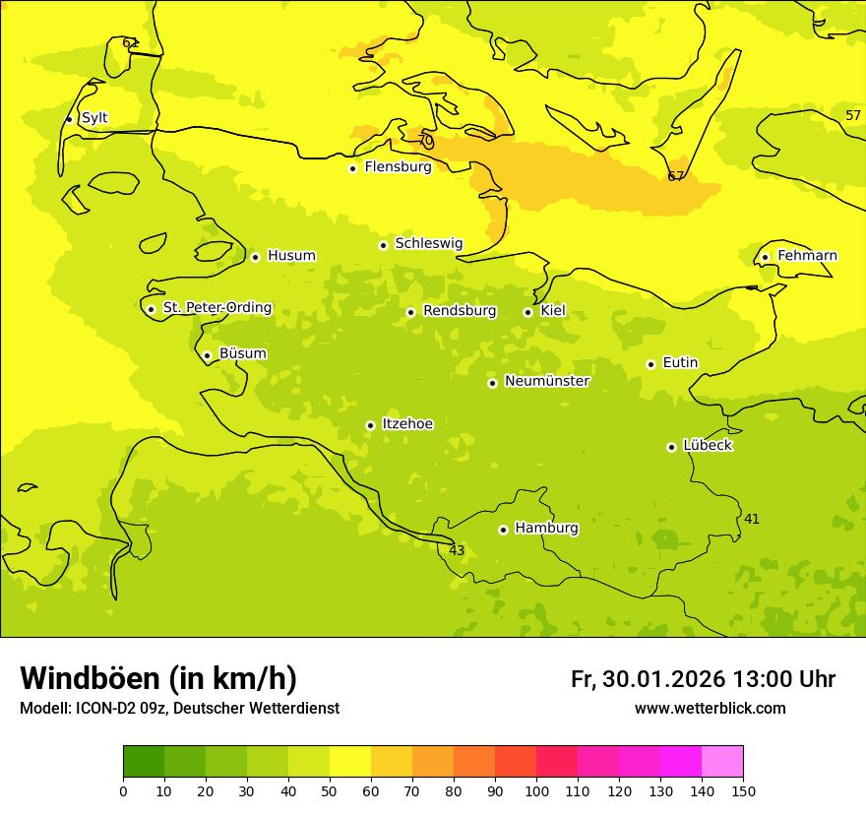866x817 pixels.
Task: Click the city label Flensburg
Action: (398, 167)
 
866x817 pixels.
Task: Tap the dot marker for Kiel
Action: (527, 312)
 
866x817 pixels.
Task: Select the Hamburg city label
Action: (546, 529)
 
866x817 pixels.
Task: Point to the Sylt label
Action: (94, 118)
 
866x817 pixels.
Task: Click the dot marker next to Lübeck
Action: (671, 447)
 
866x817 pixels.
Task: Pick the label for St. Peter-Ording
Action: (217, 308)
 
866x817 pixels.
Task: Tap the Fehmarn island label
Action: (807, 256)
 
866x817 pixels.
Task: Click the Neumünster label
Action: (547, 381)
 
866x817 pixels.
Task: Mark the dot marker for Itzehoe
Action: (370, 425)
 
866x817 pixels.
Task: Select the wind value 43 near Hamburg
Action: (457, 550)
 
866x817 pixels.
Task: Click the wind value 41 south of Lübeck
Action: (752, 519)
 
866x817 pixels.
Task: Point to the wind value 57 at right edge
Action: (853, 115)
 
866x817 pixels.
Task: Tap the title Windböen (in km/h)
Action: (158, 678)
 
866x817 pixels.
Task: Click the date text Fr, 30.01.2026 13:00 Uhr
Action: (703, 679)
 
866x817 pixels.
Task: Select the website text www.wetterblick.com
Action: (710, 709)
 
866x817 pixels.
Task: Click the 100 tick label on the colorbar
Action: (536, 790)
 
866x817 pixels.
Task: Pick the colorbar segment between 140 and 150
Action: (722, 762)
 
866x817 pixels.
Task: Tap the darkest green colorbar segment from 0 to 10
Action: (144, 762)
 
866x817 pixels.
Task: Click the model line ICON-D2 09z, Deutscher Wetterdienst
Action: (179, 709)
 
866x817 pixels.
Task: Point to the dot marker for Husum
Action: (255, 257)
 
